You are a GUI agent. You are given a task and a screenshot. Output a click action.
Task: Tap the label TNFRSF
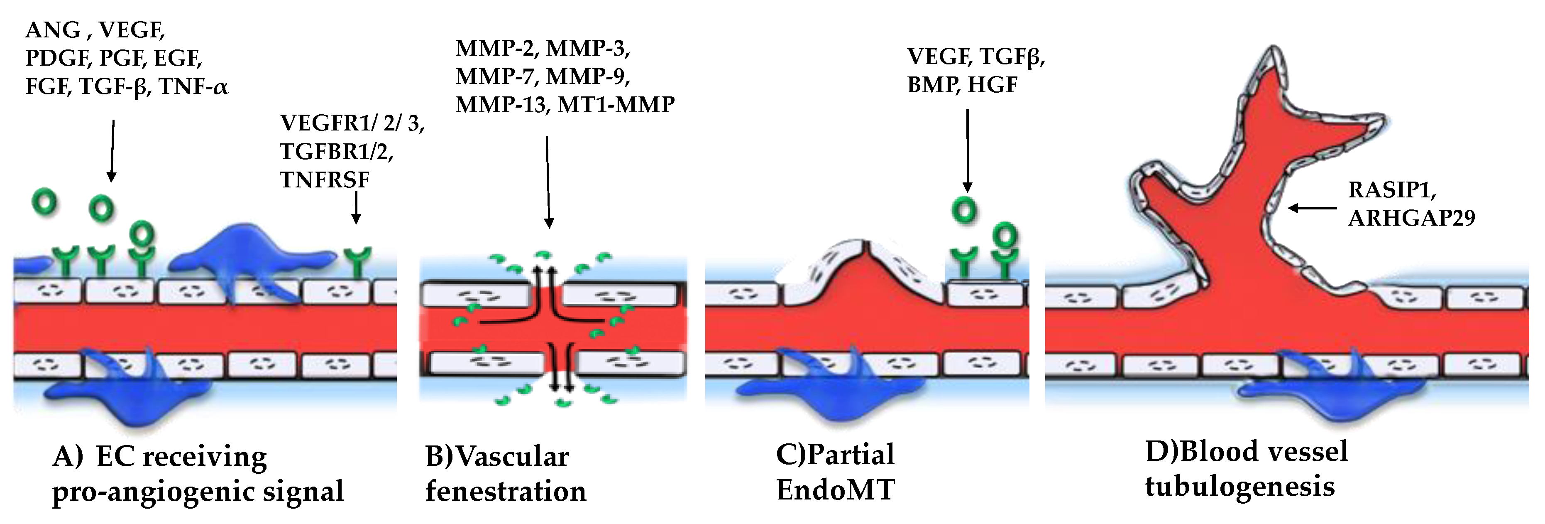click(325, 180)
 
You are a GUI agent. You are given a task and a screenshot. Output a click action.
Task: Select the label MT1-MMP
click(616, 105)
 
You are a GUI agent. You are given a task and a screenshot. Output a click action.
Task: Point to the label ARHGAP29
click(1411, 218)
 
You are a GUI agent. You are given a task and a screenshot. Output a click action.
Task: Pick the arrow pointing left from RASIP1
click(1312, 208)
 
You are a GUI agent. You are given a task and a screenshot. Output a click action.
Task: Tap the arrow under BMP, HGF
click(967, 150)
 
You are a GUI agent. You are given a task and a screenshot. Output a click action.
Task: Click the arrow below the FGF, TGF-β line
click(112, 150)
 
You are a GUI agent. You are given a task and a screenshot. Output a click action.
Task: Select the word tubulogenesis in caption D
click(1240, 486)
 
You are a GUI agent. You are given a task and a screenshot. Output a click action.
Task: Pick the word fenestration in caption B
click(506, 491)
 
